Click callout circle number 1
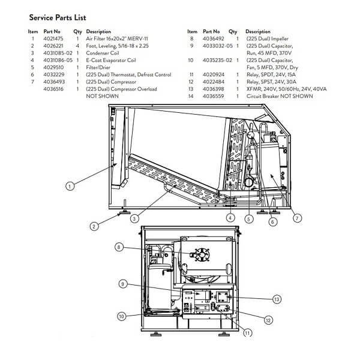(x=70, y=187)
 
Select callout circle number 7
(x=297, y=218)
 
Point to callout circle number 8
(x=119, y=247)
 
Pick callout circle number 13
(x=277, y=298)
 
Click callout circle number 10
(x=121, y=316)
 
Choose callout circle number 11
(x=247, y=332)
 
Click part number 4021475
(x=52, y=38)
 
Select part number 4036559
(x=214, y=96)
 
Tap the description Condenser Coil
(x=103, y=53)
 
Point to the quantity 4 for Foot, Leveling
(x=77, y=46)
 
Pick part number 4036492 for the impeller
(x=214, y=38)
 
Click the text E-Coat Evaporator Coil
(x=111, y=60)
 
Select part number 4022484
(x=214, y=82)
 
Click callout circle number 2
(x=94, y=227)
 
